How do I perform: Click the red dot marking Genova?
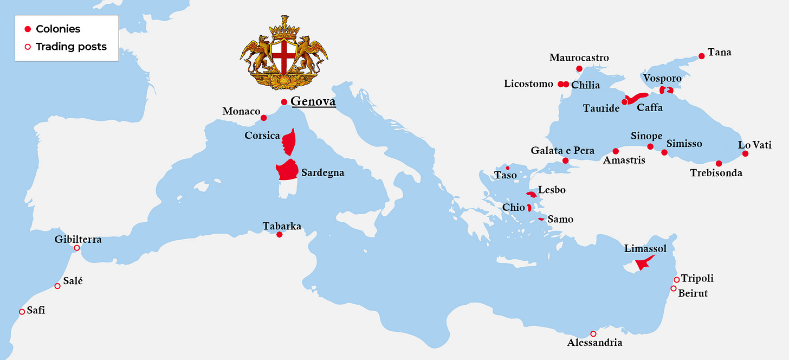(x=284, y=102)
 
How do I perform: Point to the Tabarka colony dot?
(x=279, y=235)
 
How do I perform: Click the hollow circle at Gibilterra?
(x=77, y=248)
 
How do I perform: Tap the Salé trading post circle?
(x=57, y=286)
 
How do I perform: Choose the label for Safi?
(x=36, y=311)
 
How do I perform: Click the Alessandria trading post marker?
(x=593, y=334)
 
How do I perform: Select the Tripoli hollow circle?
(x=676, y=280)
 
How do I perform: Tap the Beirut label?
(x=693, y=293)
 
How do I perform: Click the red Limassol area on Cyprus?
(x=644, y=263)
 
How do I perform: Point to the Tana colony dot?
(x=702, y=56)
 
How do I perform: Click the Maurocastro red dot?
(x=579, y=69)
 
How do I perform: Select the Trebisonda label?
(x=716, y=173)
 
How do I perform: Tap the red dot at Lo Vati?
(x=745, y=153)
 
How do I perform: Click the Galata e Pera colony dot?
(x=565, y=160)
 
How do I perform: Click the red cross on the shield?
(x=283, y=56)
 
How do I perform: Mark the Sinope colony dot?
(x=650, y=146)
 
